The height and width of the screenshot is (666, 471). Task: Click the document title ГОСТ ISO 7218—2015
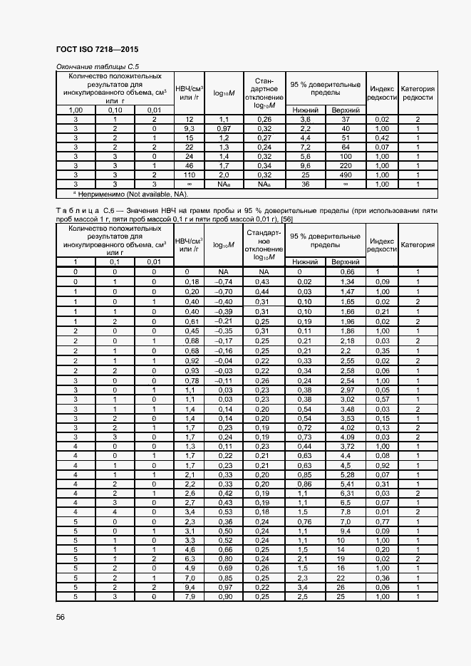coord(97,50)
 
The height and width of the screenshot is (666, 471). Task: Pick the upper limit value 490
coord(346,174)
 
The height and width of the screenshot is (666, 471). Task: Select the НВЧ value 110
coord(190,174)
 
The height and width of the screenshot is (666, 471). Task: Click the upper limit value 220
coord(346,165)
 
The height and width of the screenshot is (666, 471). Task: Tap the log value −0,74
coord(223,281)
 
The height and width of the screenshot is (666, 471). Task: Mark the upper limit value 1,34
coord(346,281)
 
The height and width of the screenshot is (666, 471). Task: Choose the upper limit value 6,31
coord(346,492)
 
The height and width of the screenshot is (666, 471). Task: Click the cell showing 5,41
coord(346,482)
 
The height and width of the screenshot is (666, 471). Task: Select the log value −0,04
coord(223,361)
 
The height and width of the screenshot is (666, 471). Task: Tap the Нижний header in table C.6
coord(305,262)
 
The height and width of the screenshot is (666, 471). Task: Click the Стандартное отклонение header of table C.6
coord(264,244)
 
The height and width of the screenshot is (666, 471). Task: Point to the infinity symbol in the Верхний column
coord(346,183)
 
